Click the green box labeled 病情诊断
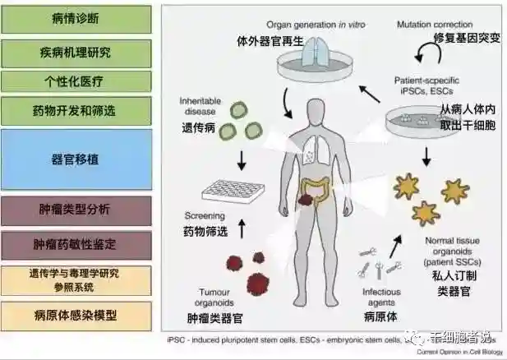pyautogui.click(x=76, y=19)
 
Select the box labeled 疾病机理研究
pyautogui.click(x=76, y=52)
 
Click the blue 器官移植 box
pyautogui.click(x=76, y=158)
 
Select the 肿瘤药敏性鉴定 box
pyautogui.click(x=76, y=244)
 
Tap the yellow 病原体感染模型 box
pyautogui.click(x=76, y=315)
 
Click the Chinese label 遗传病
pyautogui.click(x=198, y=128)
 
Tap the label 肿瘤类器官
pyautogui.click(x=222, y=315)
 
